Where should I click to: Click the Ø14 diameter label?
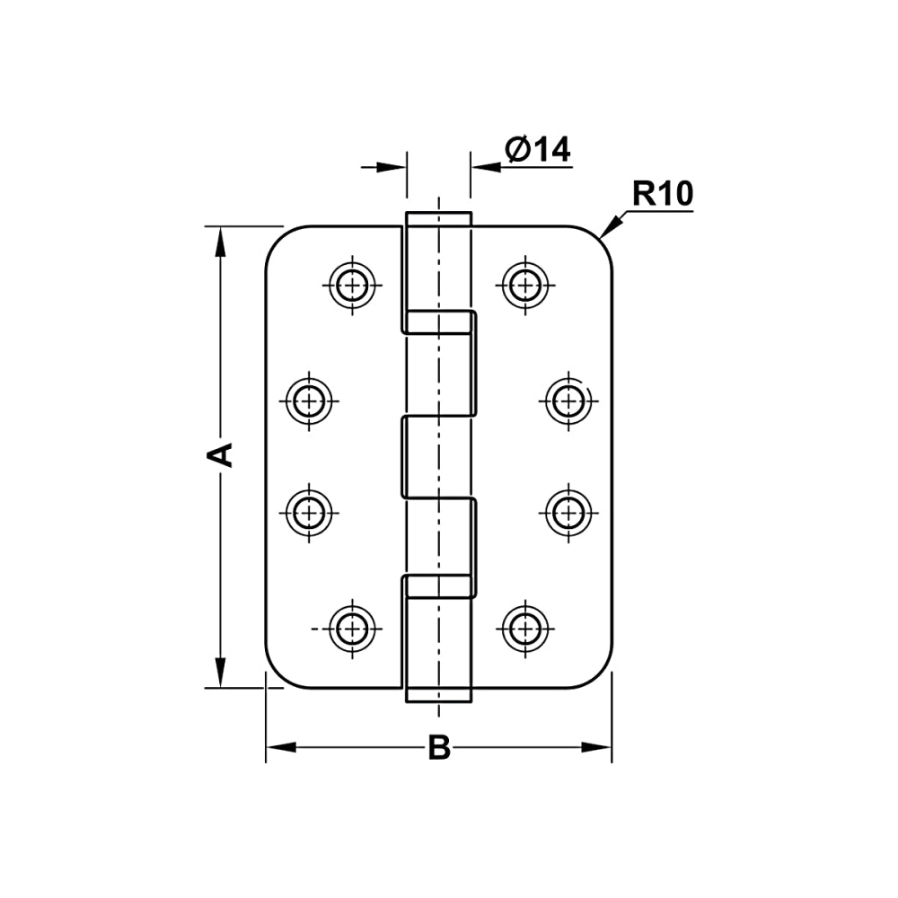537,150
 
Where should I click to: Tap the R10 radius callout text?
663,194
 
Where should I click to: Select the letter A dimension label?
219,454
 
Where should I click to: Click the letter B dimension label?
439,747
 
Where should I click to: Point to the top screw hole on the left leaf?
352,284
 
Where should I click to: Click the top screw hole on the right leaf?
525,284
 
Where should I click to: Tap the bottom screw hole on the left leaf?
352,629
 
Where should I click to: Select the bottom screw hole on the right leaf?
525,629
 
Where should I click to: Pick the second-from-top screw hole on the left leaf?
309,401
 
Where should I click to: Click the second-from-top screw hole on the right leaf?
568,401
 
